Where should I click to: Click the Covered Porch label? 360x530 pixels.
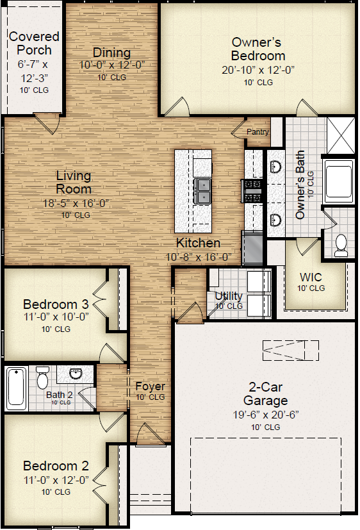tap(34, 44)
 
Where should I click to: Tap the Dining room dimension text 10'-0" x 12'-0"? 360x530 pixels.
tap(112, 65)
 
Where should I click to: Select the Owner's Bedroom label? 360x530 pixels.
tap(258, 49)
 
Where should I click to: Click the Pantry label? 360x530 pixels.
tap(258, 132)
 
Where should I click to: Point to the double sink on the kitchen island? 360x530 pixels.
tap(202, 191)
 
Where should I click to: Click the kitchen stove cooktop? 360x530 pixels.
tap(252, 190)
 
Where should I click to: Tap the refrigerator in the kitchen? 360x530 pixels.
tap(252, 248)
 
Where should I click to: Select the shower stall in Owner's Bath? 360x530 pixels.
tap(340, 135)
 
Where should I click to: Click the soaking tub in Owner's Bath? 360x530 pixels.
tap(339, 181)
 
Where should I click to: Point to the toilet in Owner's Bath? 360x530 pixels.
tap(341, 245)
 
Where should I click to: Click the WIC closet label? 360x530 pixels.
tap(311, 277)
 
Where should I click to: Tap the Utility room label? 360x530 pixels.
tap(229, 295)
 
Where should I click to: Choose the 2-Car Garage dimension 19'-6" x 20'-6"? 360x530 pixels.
tap(266, 415)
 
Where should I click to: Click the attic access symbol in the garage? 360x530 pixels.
tap(290, 351)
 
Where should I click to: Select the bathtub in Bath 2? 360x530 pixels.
tap(16, 388)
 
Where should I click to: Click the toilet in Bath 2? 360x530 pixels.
tap(42, 377)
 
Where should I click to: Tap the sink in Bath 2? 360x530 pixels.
tap(76, 374)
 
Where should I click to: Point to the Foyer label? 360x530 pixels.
tap(151, 386)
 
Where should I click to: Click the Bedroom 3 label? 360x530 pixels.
tap(56, 304)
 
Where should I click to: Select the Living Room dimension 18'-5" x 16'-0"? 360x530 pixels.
tap(76, 203)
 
